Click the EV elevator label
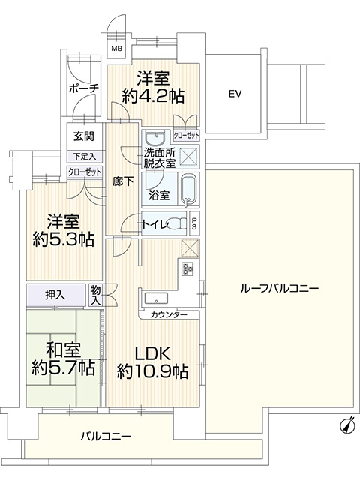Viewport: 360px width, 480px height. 235,94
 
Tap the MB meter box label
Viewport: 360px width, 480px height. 116,48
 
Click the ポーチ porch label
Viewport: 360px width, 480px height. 84,88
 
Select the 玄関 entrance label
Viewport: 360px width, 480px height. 84,136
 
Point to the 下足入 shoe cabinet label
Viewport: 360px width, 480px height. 85,157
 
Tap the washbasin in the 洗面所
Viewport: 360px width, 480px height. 155,138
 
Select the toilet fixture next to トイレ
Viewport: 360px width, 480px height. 178,223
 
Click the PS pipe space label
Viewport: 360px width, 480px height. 194,223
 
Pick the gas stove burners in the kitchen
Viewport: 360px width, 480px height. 187,268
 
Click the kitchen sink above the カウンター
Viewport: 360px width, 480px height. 156,298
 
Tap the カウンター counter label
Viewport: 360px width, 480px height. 169,315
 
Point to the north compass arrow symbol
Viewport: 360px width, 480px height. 346,425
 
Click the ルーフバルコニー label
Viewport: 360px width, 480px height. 280,288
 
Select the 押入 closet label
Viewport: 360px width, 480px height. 55,295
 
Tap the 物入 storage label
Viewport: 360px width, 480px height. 95,295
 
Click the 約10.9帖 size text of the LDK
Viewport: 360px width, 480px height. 152,371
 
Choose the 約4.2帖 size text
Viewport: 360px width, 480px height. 153,96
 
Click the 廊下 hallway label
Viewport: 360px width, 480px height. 123,181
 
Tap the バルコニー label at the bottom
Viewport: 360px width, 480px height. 106,436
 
